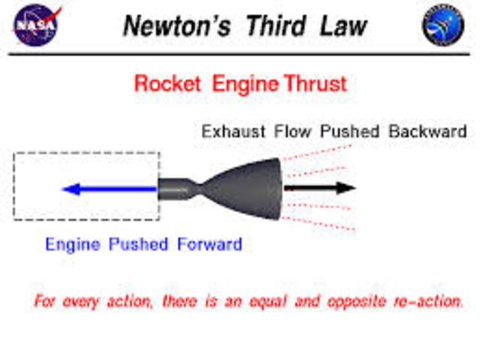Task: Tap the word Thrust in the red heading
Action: click(316, 83)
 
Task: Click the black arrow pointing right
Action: click(319, 188)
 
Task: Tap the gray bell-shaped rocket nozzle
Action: click(248, 188)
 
